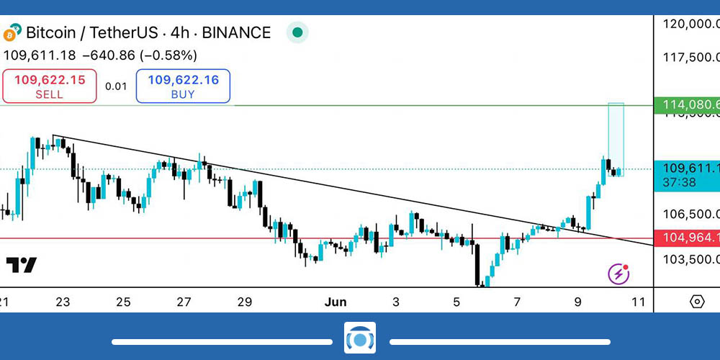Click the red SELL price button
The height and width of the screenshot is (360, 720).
49,86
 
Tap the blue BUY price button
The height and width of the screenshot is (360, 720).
183,86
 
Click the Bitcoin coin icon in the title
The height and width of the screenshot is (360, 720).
12,33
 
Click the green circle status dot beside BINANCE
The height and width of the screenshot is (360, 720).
297,33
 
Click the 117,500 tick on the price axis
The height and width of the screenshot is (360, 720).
690,57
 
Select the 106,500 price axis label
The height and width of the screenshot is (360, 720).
690,214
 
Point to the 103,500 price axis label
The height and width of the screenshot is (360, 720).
690,259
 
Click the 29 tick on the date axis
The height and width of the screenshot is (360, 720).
245,302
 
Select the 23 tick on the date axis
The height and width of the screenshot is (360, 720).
63,302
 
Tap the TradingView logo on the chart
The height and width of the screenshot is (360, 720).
22,265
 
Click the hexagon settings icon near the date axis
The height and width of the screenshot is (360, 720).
697,302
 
